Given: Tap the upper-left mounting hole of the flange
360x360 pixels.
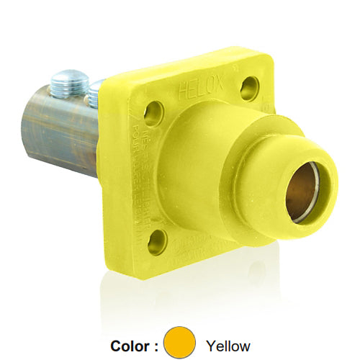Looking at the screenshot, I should [x=153, y=112].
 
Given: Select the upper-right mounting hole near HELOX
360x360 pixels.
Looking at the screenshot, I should [x=249, y=88].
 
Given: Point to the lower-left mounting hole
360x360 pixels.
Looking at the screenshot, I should [x=157, y=242].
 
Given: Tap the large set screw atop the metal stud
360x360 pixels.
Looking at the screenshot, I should [x=70, y=81].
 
